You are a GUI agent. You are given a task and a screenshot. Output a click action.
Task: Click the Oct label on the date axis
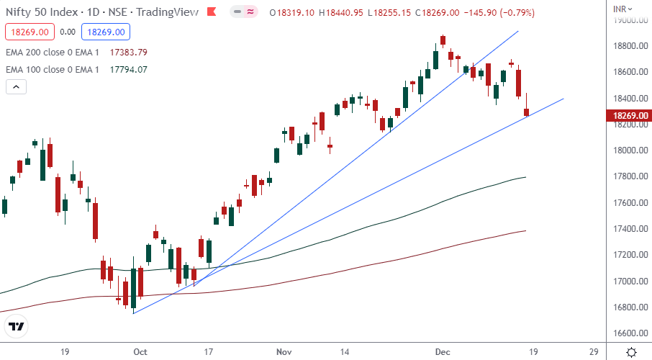point(140,352)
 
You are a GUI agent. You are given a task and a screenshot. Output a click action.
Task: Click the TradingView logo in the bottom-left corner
point(17,327)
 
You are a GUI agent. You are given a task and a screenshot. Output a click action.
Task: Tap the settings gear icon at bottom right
point(630,352)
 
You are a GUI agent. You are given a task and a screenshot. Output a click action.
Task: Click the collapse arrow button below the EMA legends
point(16,87)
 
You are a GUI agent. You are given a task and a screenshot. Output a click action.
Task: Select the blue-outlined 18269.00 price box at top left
point(105,32)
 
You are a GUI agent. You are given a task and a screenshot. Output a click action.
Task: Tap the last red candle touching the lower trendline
point(527,112)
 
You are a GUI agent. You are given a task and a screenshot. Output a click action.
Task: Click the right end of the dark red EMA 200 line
point(526,230)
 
